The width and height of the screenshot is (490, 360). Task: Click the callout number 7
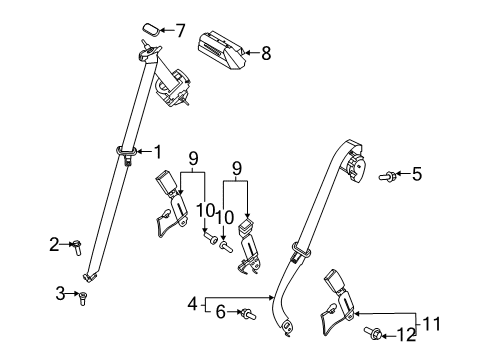(x=180, y=29)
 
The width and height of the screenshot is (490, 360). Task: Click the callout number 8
(x=265, y=54)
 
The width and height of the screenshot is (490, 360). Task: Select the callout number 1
(x=156, y=151)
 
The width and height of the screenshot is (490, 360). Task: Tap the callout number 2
(x=55, y=242)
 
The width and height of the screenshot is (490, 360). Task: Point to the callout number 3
(x=60, y=292)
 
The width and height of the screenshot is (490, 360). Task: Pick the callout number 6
(x=221, y=313)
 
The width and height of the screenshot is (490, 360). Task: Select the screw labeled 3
(x=82, y=297)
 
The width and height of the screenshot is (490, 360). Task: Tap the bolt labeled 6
(x=247, y=315)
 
